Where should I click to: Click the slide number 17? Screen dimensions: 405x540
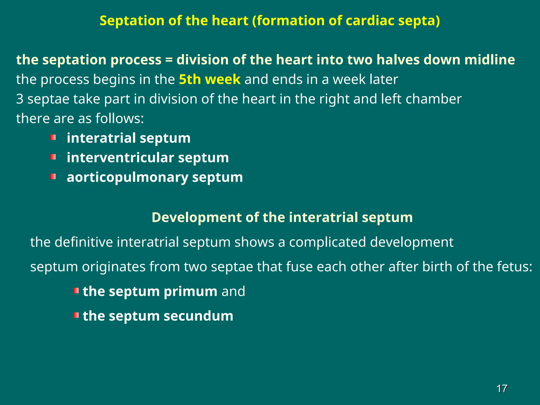502,389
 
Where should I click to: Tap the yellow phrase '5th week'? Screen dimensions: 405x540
210,79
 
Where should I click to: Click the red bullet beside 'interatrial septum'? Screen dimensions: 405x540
53,137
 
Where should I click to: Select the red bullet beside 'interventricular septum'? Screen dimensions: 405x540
53,157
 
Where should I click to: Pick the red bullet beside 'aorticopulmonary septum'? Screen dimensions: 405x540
53,176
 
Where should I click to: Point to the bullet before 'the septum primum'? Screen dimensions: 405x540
76,291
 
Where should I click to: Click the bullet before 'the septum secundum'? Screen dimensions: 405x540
76,315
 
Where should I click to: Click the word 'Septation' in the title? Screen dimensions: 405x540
132,21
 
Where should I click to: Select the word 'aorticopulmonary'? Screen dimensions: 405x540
128,177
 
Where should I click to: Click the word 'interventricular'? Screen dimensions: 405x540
120,158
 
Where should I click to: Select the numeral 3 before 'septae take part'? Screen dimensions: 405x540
20,99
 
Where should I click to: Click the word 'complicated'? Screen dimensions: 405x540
327,242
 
